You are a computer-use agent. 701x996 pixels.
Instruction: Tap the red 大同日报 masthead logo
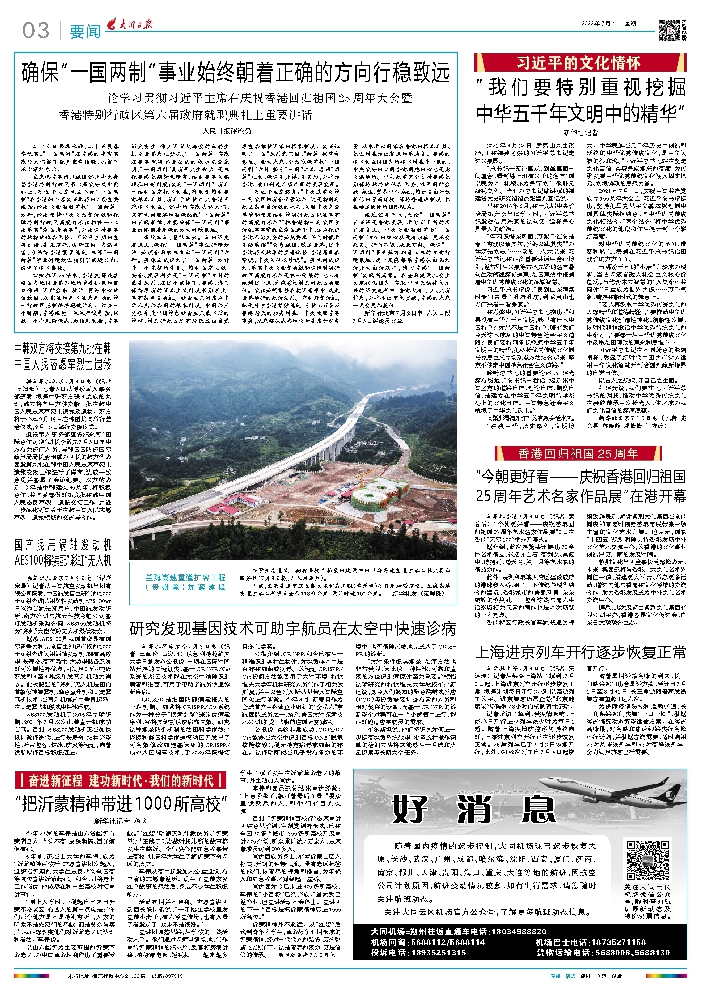pyautogui.click(x=130, y=25)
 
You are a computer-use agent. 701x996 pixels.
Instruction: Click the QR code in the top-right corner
pyautogui.click(x=669, y=31)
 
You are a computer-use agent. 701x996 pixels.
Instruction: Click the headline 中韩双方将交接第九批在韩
pyautogui.click(x=63, y=348)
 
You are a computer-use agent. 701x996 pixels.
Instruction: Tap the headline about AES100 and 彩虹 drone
pyautogui.click(x=63, y=553)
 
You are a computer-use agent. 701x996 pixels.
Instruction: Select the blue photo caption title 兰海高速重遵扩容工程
pyautogui.click(x=186, y=577)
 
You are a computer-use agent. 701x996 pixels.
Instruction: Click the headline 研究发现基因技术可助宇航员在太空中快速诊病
pyautogui.click(x=293, y=628)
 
